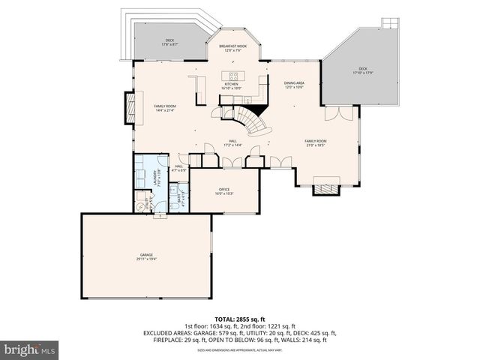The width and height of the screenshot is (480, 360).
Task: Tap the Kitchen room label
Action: point(230,85)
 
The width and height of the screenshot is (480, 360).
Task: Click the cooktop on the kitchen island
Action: point(234,74)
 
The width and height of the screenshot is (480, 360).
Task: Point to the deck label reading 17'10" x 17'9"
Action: point(363,72)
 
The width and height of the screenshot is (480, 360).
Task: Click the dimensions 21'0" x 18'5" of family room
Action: point(315,145)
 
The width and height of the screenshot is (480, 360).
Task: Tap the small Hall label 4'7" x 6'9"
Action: point(179,170)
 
